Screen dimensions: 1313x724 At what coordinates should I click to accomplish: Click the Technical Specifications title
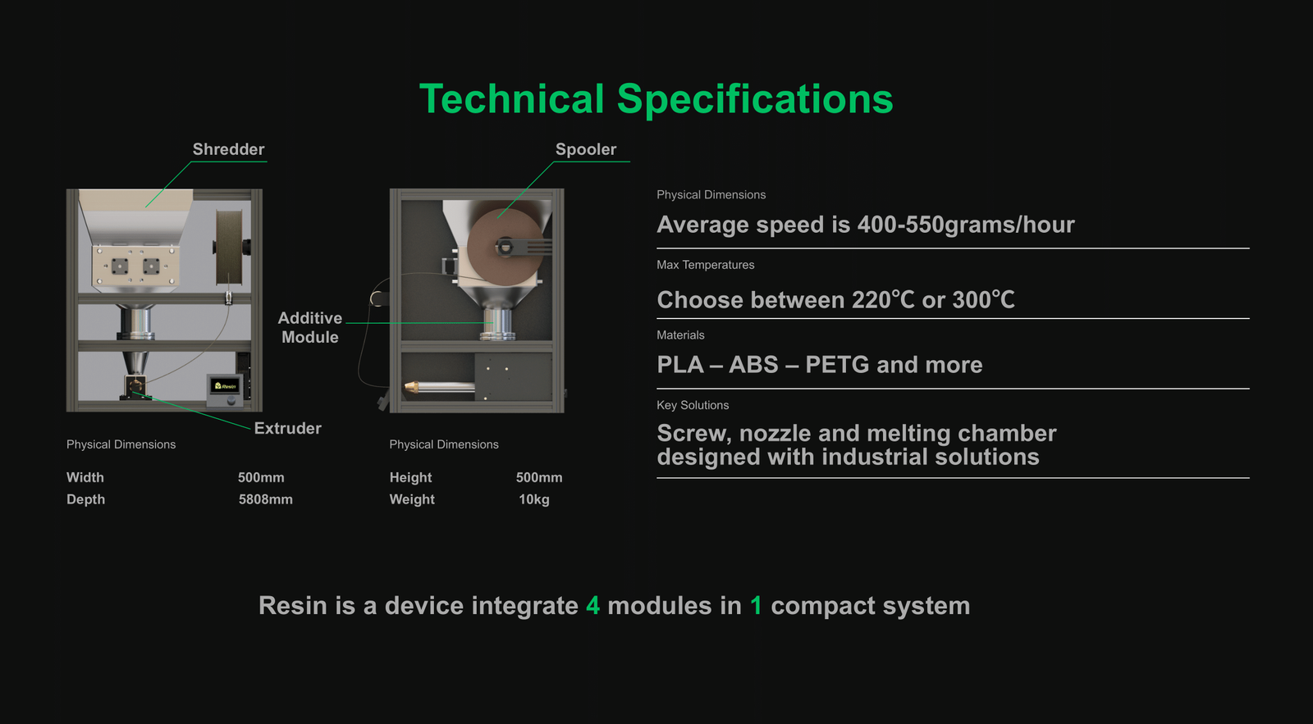[x=656, y=99]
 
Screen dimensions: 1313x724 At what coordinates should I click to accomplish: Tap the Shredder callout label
[x=229, y=149]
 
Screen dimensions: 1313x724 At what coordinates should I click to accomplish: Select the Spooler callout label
[x=586, y=149]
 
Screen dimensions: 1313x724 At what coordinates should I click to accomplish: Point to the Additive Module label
[x=310, y=327]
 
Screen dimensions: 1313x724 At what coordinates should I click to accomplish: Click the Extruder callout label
[x=288, y=428]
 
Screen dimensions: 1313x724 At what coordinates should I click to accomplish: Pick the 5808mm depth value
[x=266, y=499]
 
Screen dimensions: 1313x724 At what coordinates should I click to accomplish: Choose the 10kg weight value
[x=534, y=499]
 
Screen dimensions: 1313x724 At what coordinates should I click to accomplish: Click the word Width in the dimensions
[x=85, y=477]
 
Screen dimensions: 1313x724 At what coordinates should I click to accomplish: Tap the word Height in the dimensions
[x=410, y=477]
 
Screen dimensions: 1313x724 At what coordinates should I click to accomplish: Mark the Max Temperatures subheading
[x=705, y=265]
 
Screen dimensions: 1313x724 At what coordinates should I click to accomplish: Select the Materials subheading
[x=680, y=335]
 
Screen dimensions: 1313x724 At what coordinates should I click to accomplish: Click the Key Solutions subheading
[x=693, y=405]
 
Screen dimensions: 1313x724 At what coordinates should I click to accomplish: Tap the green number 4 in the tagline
[x=592, y=606]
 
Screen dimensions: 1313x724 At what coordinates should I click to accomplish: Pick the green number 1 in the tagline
[x=756, y=606]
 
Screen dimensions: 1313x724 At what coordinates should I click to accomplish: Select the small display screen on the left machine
[x=225, y=386]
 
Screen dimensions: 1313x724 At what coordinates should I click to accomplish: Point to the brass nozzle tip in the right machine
[x=410, y=386]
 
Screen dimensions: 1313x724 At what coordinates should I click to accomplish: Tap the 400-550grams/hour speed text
[x=966, y=225]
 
